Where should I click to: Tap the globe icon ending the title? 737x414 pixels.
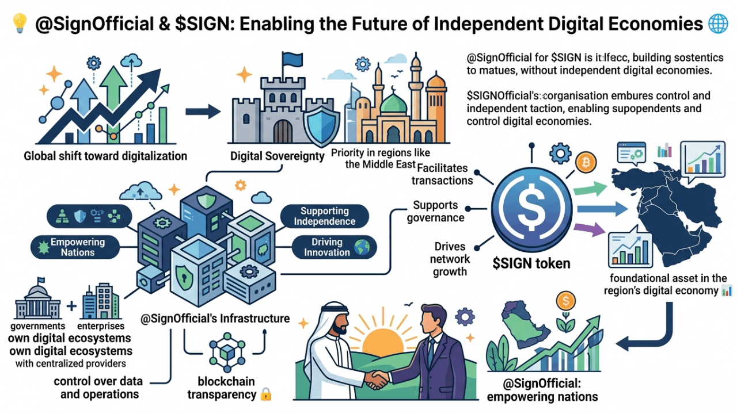pyautogui.click(x=718, y=24)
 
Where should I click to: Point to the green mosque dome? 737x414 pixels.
pyautogui.click(x=394, y=103)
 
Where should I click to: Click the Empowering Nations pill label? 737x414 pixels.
pyautogui.click(x=77, y=247)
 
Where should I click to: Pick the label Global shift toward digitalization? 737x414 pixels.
pyautogui.click(x=105, y=156)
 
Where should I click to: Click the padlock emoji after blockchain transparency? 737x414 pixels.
pyautogui.click(x=265, y=394)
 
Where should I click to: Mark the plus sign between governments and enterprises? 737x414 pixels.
pyautogui.click(x=71, y=306)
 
